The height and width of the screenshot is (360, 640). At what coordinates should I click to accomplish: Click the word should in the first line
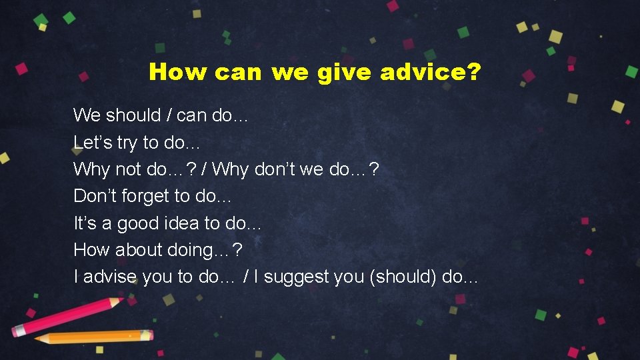pos(133,115)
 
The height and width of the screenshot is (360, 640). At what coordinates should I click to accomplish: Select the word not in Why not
pos(128,169)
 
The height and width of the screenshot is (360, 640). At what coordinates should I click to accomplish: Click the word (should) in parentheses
pos(403,277)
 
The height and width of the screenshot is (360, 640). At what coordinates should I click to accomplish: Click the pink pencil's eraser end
pos(19,329)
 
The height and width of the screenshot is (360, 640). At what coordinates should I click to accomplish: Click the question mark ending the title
pos(474,72)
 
